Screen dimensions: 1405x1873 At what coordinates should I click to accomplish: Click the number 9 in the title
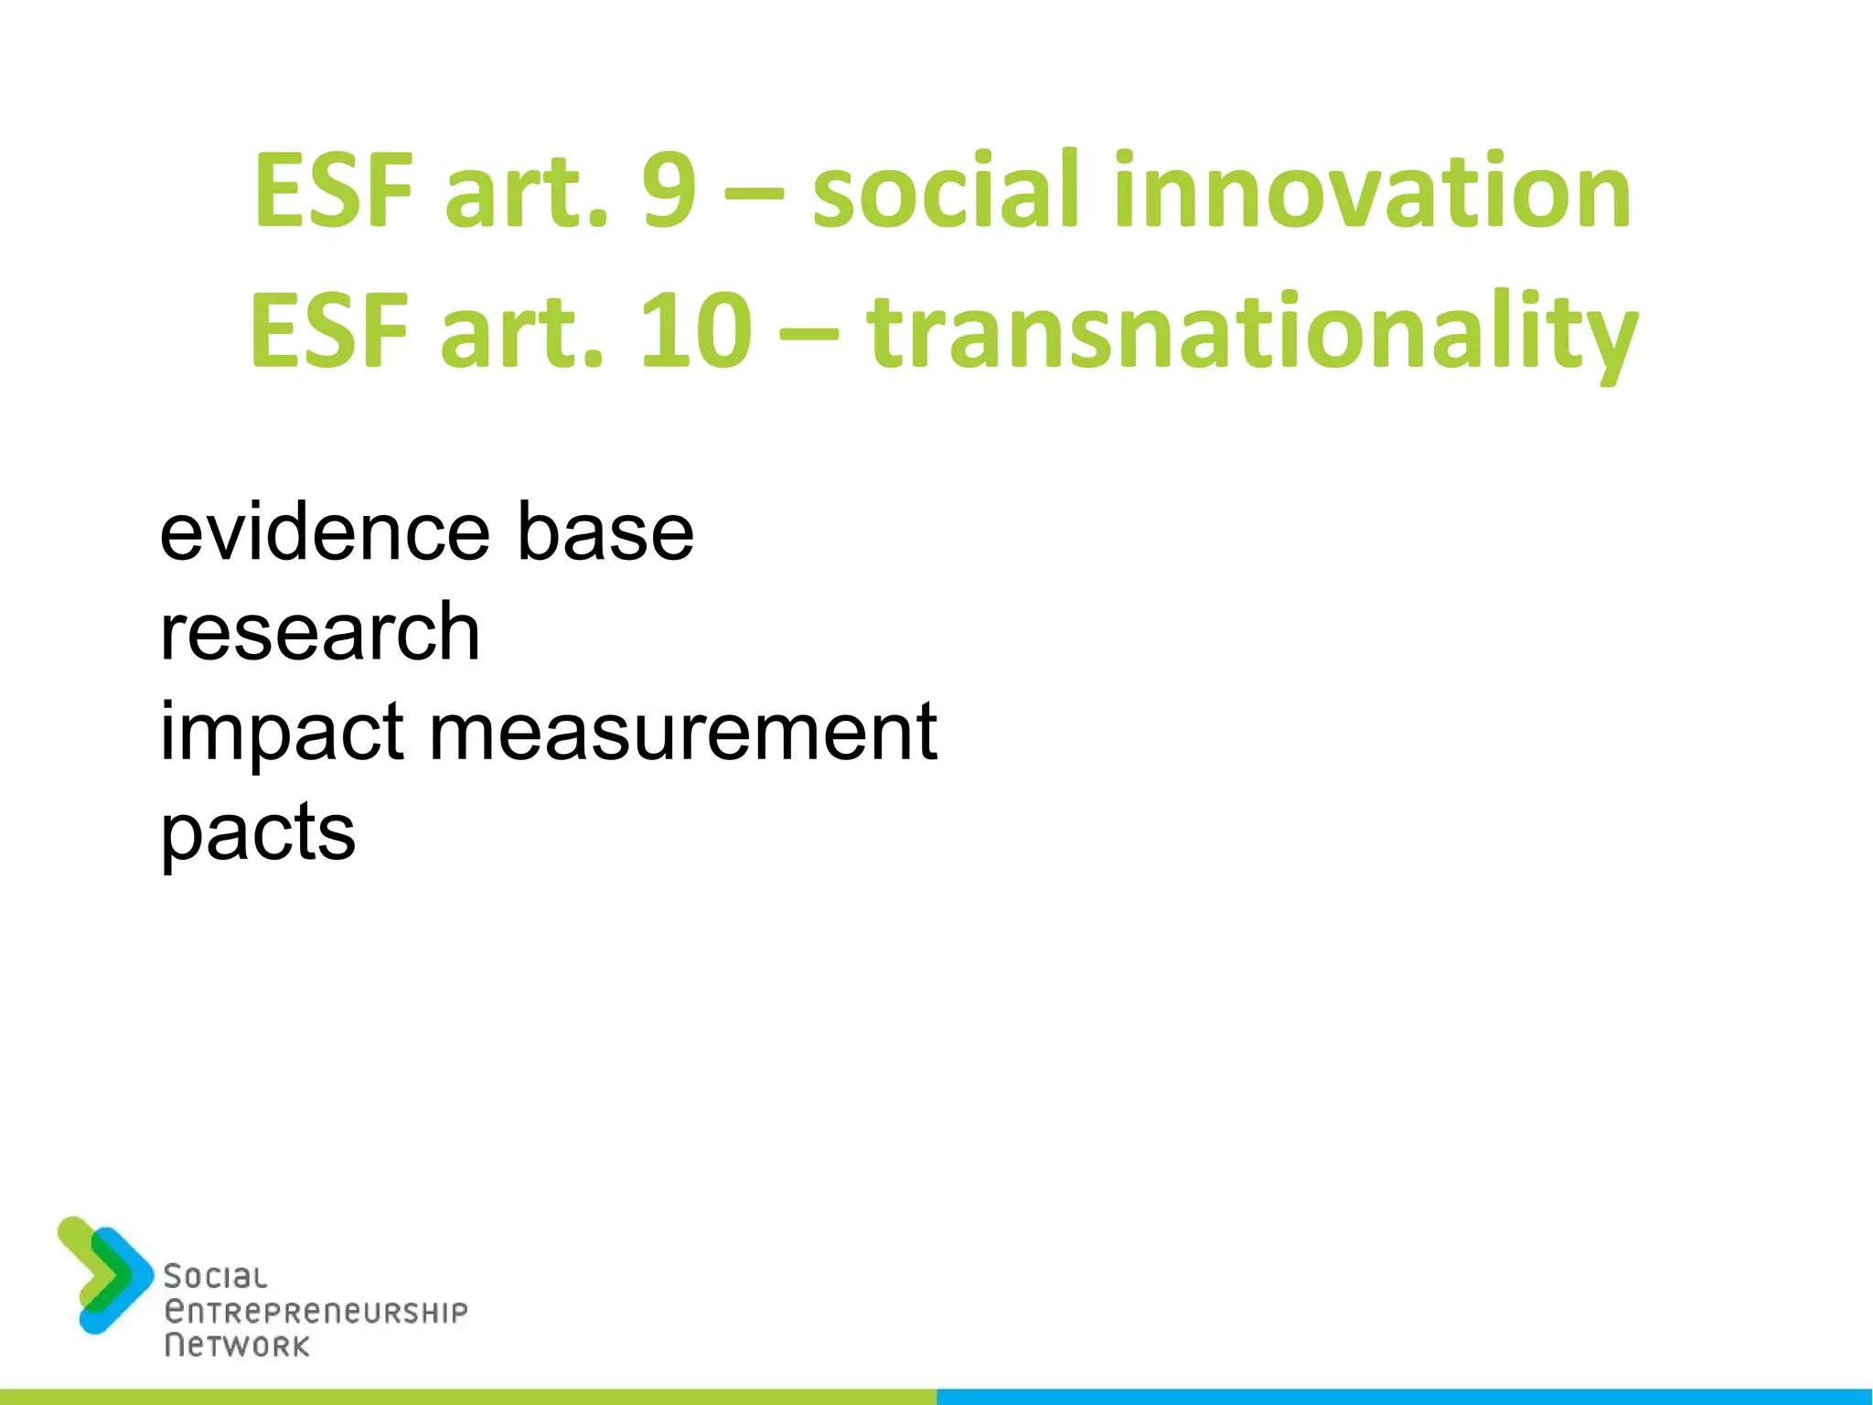pyautogui.click(x=669, y=192)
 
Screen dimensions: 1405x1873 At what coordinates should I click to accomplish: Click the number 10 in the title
pyautogui.click(x=696, y=331)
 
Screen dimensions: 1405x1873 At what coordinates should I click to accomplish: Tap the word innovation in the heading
pyautogui.click(x=1372, y=192)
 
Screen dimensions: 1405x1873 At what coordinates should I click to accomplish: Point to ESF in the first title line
pyautogui.click(x=333, y=192)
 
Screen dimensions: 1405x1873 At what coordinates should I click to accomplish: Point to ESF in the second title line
pyautogui.click(x=329, y=331)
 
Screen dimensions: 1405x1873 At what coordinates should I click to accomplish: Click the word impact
pyautogui.click(x=282, y=734)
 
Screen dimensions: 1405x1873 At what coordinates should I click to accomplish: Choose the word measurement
pyautogui.click(x=683, y=734)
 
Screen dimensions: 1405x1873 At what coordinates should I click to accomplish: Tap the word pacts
pyautogui.click(x=258, y=834)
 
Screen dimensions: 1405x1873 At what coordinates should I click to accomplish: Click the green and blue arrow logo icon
pyautogui.click(x=105, y=1274)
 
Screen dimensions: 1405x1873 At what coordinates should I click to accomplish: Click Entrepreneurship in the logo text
pyautogui.click(x=316, y=1313)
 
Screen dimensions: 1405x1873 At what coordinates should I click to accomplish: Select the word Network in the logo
pyautogui.click(x=237, y=1346)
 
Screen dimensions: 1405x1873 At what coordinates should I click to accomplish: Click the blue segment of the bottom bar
pyautogui.click(x=1405, y=1396)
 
